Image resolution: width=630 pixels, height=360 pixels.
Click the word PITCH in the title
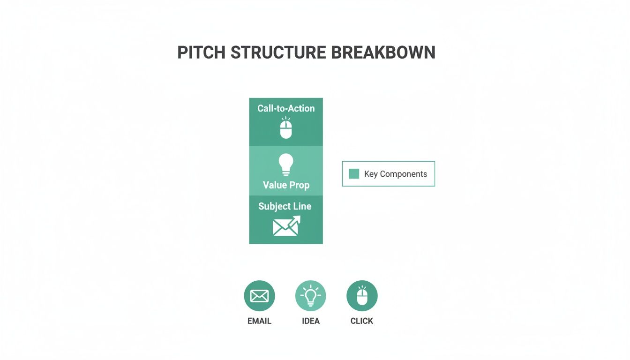[201, 52]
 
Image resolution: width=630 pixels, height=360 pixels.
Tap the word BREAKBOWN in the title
[383, 52]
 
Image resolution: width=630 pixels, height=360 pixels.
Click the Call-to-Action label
[286, 108]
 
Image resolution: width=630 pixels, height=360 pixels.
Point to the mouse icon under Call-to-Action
[286, 128]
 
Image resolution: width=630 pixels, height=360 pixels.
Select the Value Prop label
[286, 185]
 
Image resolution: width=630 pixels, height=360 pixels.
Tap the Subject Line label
[285, 206]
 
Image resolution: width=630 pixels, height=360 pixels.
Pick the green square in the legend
[354, 174]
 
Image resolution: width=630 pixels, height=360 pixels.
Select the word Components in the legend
[403, 174]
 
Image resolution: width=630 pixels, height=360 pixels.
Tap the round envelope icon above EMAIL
[259, 296]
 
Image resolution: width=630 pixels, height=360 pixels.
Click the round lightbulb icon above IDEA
[310, 296]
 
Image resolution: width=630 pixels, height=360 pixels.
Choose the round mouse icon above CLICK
[362, 296]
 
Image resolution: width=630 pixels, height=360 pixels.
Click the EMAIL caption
[259, 321]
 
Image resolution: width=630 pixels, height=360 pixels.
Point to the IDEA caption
[311, 321]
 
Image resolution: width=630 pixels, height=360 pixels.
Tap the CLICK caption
[362, 321]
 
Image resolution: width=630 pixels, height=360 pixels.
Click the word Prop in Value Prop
[299, 185]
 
